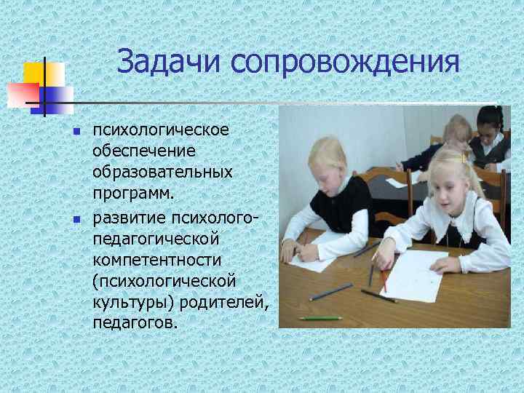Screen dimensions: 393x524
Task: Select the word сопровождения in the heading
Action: point(346,63)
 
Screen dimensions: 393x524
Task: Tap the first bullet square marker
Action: point(75,132)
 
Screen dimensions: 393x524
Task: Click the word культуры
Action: point(128,301)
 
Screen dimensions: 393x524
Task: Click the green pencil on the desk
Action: point(319,318)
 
